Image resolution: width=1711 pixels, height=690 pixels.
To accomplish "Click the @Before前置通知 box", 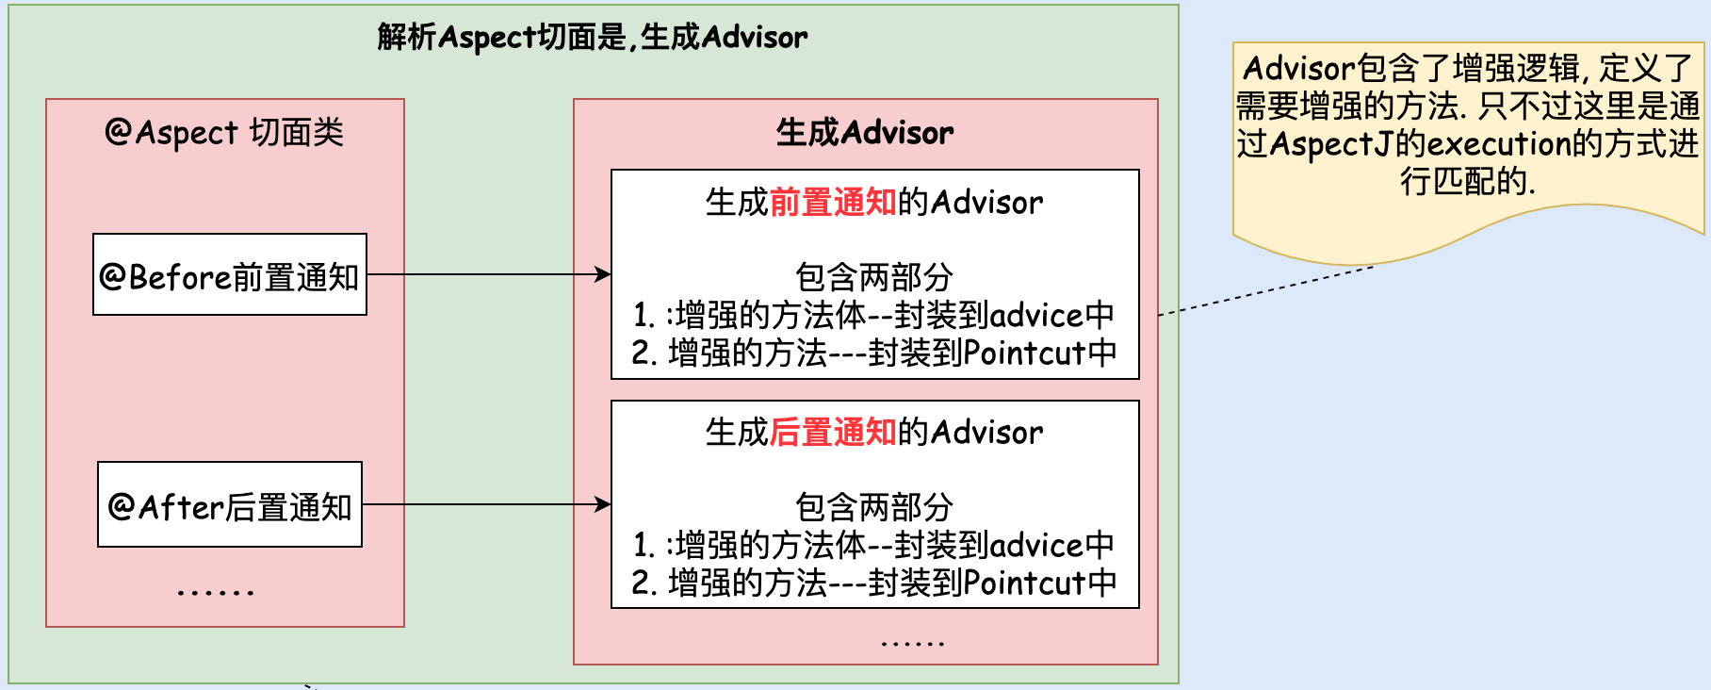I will pos(230,275).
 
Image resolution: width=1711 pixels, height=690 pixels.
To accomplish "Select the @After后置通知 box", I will pos(230,505).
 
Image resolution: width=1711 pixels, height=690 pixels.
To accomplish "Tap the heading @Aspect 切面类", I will pos(224,133).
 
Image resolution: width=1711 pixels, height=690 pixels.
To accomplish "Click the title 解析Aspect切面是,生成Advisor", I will pos(593,38).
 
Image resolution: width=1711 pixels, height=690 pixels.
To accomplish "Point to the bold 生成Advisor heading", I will pos(865,133).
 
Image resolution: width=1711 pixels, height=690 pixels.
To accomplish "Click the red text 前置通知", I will pos(833,203).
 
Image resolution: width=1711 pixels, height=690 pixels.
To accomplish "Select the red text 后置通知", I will pos(833,433).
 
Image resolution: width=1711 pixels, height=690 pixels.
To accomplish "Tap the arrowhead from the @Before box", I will pos(604,274).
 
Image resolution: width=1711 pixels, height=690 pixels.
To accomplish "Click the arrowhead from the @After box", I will pos(604,504).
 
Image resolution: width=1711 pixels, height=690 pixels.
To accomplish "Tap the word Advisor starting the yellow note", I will pos(1298,69).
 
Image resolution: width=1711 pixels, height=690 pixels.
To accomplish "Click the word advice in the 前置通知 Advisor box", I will pos(1036,316).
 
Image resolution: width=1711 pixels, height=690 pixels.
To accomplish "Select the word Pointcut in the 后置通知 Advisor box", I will pos(1025,583).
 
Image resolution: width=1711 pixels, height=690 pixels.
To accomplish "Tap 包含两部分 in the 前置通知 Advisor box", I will pos(874,277).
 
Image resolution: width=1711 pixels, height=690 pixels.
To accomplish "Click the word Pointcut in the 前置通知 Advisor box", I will pos(1025,353).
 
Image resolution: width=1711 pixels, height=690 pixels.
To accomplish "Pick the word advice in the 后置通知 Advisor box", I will pos(1036,546).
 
